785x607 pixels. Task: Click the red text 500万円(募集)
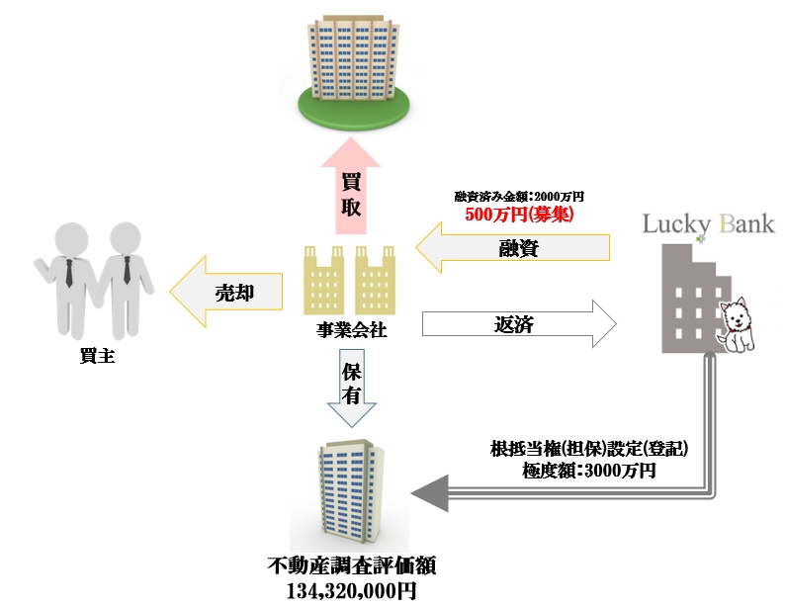(519, 214)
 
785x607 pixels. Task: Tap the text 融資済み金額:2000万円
(519, 197)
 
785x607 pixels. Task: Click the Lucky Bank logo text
(708, 222)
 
